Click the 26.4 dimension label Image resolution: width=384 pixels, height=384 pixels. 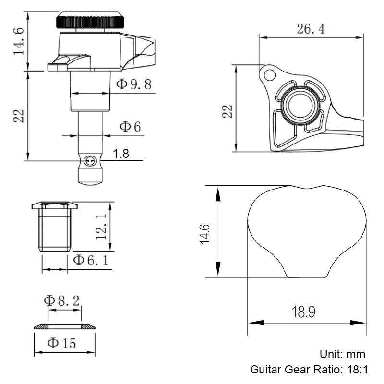pyautogui.click(x=311, y=29)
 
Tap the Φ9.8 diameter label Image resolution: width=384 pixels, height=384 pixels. pyautogui.click(x=134, y=84)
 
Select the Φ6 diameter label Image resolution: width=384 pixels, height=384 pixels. pyautogui.click(x=130, y=127)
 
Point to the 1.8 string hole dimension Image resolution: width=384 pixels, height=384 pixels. pyautogui.click(x=121, y=154)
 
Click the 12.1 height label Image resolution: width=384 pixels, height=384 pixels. pyautogui.click(x=101, y=227)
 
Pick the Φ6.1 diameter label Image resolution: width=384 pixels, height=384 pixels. pyautogui.click(x=90, y=260)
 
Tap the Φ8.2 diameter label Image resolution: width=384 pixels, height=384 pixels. pyautogui.click(x=62, y=300)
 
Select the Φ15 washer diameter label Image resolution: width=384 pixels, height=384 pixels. pyautogui.click(x=61, y=343)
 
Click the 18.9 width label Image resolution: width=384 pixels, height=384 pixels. pyautogui.click(x=303, y=312)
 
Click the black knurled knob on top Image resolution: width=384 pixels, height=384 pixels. pyautogui.click(x=90, y=20)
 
